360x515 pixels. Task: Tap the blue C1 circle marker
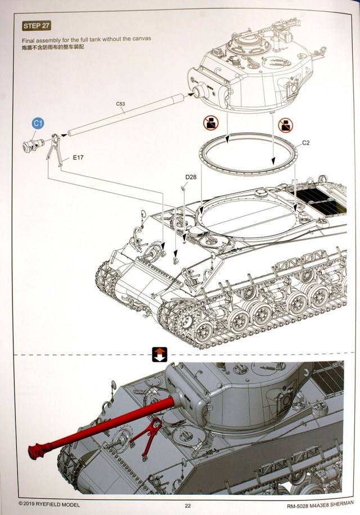click(38, 123)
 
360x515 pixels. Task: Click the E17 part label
click(78, 158)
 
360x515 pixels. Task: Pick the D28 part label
click(190, 178)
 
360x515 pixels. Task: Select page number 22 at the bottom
click(187, 504)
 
